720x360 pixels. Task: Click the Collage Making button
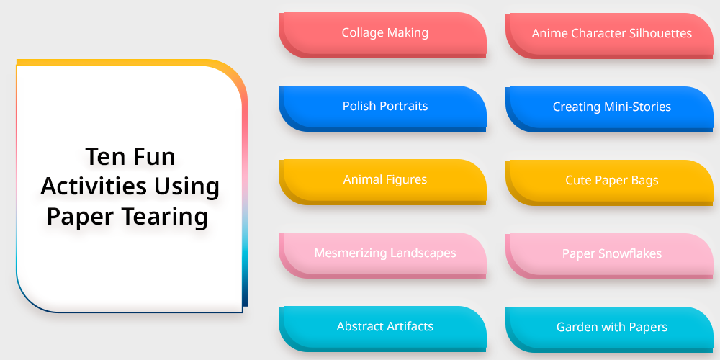(x=382, y=35)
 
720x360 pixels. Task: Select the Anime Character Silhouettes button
(x=609, y=36)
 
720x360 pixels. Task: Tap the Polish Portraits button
(x=382, y=109)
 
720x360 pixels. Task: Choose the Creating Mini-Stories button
(x=609, y=109)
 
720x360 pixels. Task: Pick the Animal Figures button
(x=382, y=182)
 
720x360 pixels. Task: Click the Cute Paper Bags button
(x=609, y=183)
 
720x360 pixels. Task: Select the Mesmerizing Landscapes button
(x=382, y=256)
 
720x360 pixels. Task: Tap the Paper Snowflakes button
(x=609, y=256)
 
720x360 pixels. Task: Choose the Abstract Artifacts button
(x=382, y=329)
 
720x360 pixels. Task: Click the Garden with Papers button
(x=609, y=330)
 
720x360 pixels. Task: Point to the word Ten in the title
(x=102, y=156)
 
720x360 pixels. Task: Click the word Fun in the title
(x=153, y=156)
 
